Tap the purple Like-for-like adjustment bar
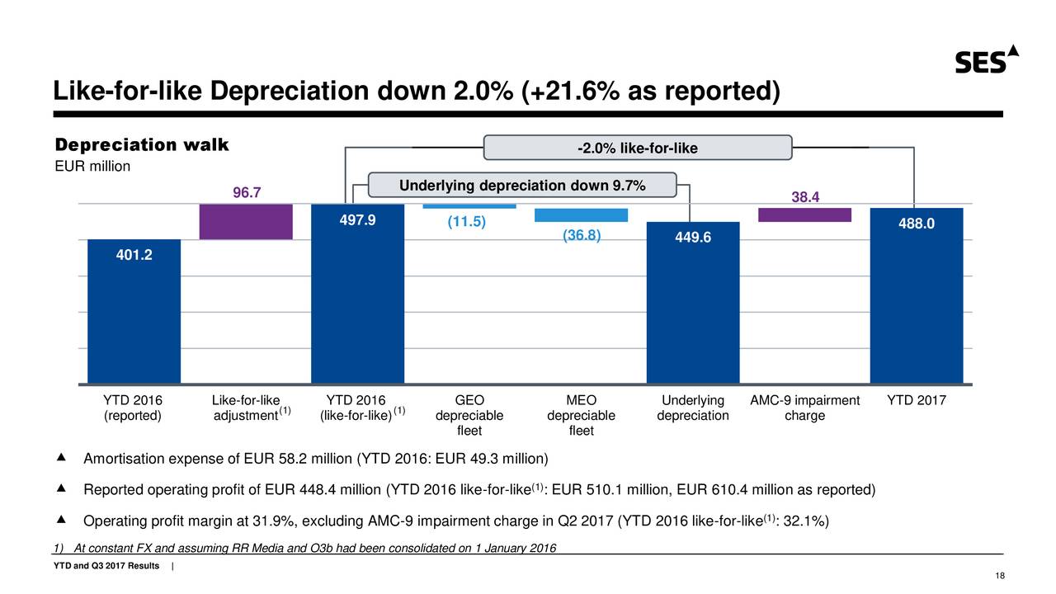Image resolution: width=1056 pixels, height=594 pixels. (x=246, y=221)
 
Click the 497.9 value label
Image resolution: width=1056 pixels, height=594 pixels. (x=357, y=220)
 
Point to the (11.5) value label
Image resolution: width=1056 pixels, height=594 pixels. (x=466, y=222)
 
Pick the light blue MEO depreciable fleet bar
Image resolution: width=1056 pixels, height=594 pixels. (x=581, y=215)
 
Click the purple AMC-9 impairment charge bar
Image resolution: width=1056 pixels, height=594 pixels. (x=804, y=214)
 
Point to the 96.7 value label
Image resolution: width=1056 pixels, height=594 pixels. (x=247, y=192)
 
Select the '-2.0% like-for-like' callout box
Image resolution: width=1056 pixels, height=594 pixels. (x=637, y=148)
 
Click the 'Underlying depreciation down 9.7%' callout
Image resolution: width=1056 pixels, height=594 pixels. (x=521, y=185)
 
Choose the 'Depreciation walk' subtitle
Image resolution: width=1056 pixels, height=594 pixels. (x=141, y=146)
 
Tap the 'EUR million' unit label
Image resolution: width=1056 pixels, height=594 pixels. (x=87, y=166)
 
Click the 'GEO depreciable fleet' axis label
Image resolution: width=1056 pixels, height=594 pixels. (x=469, y=415)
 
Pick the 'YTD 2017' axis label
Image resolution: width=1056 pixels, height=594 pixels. (x=916, y=401)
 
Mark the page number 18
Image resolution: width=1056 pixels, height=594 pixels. (x=999, y=576)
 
